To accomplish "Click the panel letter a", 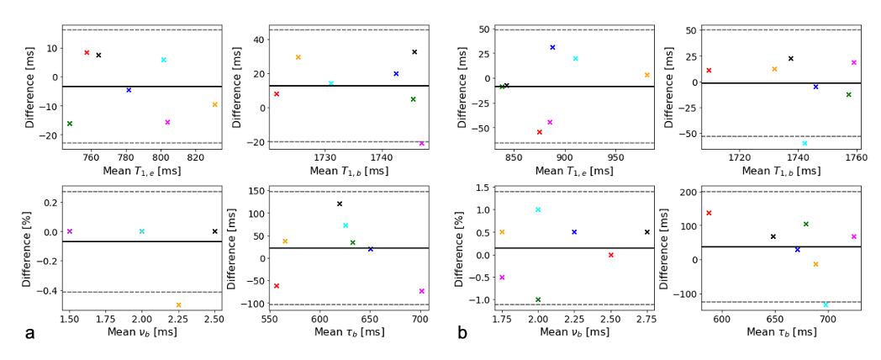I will [x=30, y=333].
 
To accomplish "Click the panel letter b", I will [x=462, y=333].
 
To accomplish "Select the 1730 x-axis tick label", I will [x=324, y=157].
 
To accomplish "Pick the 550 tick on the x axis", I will [x=269, y=320].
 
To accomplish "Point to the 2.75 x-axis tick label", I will [x=646, y=320].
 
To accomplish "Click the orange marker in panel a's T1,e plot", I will [x=215, y=104].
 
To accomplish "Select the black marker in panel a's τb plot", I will [x=340, y=204].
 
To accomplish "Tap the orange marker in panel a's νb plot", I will [x=178, y=304].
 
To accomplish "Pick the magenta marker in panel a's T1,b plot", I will [x=421, y=144].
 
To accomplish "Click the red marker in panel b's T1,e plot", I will [x=540, y=132].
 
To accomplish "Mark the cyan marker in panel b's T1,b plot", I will [x=805, y=144].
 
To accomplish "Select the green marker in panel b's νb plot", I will [x=538, y=299].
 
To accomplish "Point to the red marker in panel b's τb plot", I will [x=709, y=213].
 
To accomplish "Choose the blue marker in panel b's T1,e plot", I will [x=552, y=47].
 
